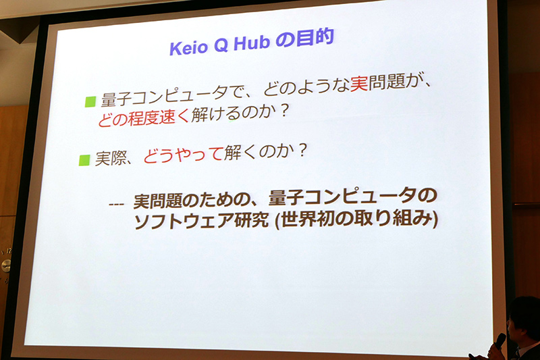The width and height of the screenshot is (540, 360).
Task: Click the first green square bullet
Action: pyautogui.click(x=89, y=102)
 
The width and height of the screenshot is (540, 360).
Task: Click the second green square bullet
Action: pyautogui.click(x=84, y=160)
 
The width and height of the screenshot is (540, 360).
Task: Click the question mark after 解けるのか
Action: pyautogui.click(x=283, y=111)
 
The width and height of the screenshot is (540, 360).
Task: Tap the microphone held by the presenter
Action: pyautogui.click(x=500, y=341)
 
